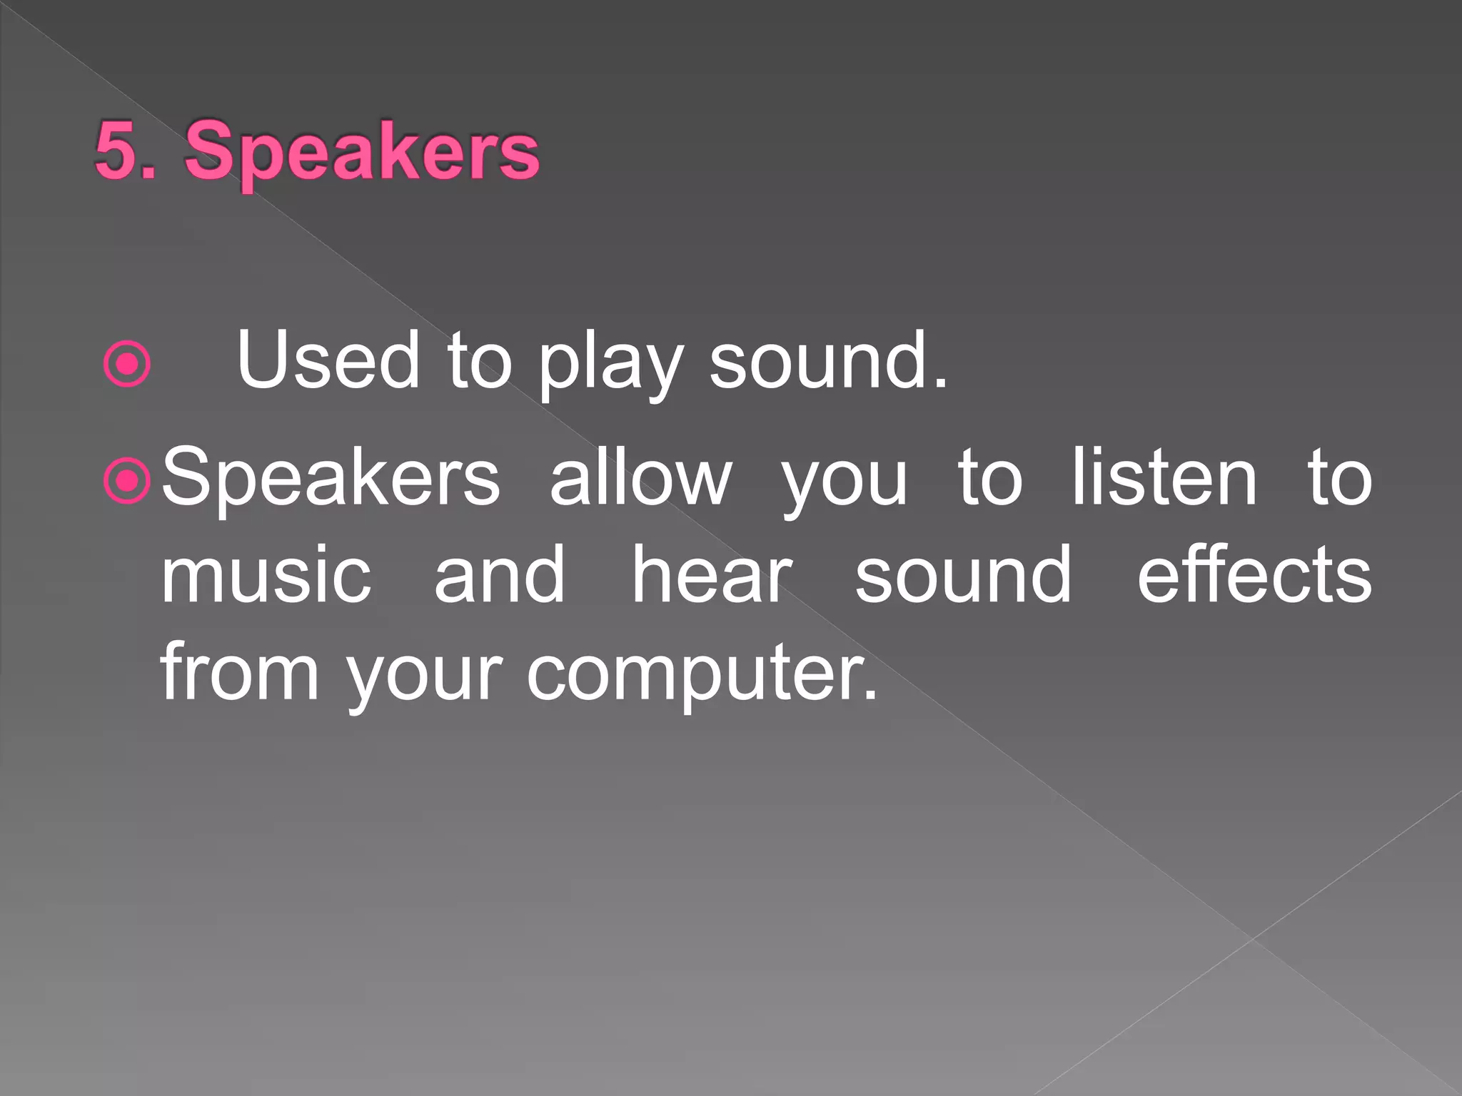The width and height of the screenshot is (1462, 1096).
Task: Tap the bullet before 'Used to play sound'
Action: coord(127,365)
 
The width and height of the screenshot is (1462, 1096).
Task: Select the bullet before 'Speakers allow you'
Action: coord(127,482)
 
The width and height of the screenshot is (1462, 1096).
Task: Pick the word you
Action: coord(845,482)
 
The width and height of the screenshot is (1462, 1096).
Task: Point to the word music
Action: coord(266,574)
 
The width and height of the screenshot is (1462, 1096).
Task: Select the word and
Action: coord(500,574)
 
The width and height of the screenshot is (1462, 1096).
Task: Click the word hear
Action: coord(712,574)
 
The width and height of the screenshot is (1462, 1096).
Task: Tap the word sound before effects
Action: coord(963,574)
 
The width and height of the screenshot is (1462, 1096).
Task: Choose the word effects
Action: coord(1254,574)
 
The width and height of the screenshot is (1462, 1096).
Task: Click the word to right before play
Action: coord(479,361)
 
